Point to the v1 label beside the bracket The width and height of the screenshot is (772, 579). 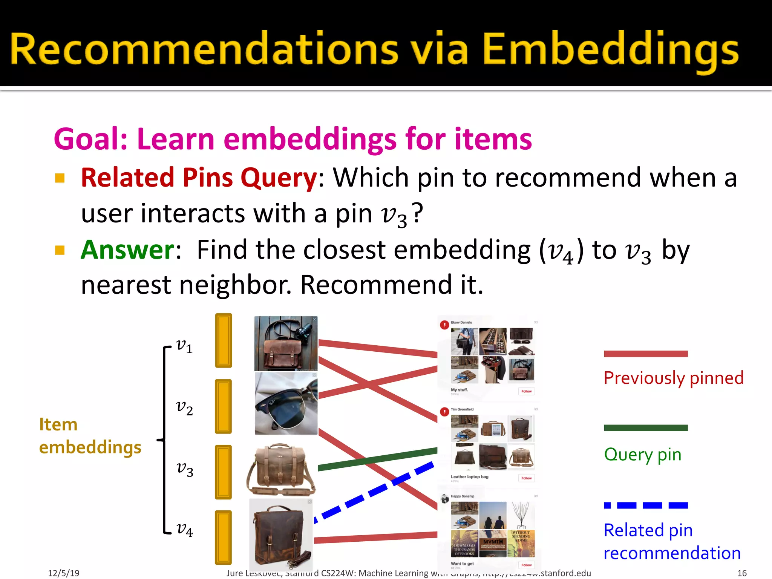point(184,346)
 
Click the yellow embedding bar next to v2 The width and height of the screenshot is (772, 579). point(223,406)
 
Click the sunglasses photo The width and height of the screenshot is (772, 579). point(286,403)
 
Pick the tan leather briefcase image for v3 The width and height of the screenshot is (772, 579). point(281,470)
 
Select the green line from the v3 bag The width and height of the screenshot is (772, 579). point(377,459)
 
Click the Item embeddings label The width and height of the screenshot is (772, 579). point(90,436)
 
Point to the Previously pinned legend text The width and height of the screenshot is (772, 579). point(673,378)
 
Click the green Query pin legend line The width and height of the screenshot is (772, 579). point(645,428)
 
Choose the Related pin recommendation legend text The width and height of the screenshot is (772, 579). point(672,542)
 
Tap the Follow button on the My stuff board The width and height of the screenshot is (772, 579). point(526,391)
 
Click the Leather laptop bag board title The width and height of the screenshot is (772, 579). point(469,477)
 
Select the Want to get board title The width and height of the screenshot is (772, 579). point(462,564)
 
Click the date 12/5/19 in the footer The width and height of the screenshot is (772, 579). point(63,573)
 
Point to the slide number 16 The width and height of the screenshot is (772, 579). point(742,573)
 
